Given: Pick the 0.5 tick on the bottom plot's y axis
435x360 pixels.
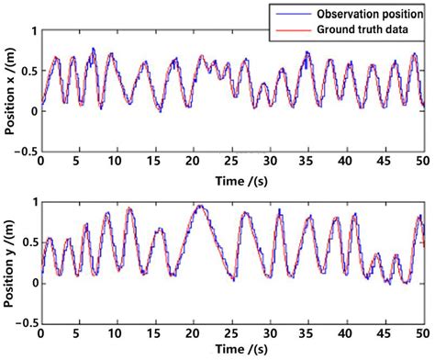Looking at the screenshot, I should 27,243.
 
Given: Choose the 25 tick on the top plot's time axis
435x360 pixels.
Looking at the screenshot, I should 231,162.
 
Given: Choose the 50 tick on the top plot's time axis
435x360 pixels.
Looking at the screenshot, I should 421,162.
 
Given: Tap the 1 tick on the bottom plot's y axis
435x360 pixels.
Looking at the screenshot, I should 33,203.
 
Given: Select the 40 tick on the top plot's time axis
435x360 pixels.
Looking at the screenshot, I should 345,162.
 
